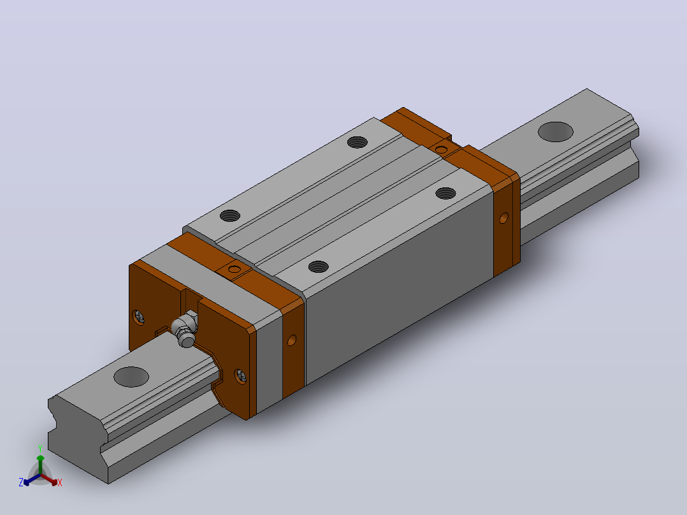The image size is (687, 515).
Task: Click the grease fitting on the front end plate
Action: [x=185, y=330]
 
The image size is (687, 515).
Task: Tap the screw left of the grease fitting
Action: [x=138, y=317]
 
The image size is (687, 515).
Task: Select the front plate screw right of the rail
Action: [x=240, y=376]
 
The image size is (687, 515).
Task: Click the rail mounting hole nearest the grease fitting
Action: [x=131, y=377]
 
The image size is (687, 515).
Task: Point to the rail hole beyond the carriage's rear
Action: [x=555, y=131]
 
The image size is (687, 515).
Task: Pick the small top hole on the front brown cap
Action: [x=235, y=269]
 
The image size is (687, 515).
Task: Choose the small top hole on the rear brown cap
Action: [x=441, y=150]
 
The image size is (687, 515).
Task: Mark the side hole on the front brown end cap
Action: [x=292, y=340]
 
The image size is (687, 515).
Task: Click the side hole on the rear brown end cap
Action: [x=504, y=217]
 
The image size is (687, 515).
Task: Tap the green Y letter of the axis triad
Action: [x=40, y=448]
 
